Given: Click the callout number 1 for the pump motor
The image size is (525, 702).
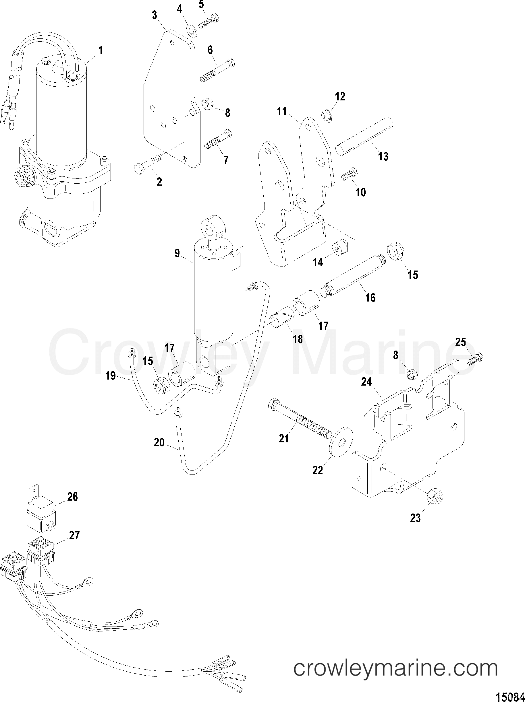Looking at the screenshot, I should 101,50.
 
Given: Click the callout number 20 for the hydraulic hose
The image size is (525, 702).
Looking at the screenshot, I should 159,442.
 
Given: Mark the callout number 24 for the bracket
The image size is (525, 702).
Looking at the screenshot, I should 366,382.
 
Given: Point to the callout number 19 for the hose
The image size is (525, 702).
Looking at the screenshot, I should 110,376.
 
